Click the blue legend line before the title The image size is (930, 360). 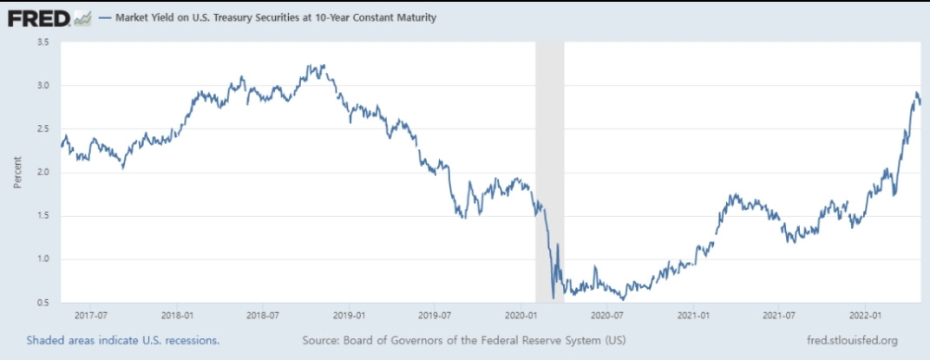coord(105,17)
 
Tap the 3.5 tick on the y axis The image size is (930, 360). coord(42,42)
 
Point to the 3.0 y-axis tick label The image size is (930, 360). coord(42,85)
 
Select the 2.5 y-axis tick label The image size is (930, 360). coord(42,128)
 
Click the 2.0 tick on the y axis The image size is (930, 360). coord(42,172)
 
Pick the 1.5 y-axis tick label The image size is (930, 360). coord(42,215)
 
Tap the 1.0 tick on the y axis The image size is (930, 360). coord(42,259)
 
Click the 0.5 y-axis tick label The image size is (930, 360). coord(42,302)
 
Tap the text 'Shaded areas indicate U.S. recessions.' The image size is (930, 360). coord(122,340)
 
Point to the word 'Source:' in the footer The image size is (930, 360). coord(323,340)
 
